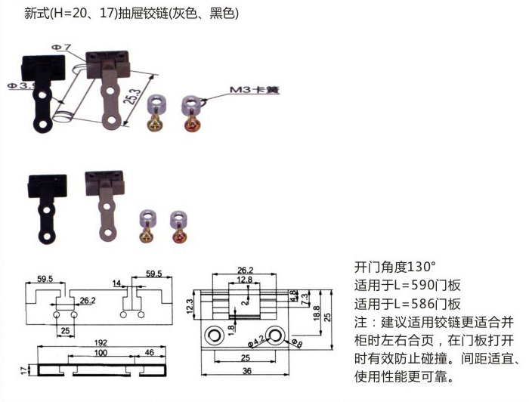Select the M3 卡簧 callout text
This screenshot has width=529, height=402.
[x=255, y=91]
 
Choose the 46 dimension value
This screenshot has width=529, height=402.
[x=149, y=353]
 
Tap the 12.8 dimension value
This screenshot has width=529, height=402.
[x=243, y=280]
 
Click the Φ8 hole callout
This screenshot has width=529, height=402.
[x=295, y=345]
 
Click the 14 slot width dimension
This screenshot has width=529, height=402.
[x=116, y=284]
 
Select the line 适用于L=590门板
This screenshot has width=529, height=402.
[x=407, y=286]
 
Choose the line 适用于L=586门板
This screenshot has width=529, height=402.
[x=407, y=305]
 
